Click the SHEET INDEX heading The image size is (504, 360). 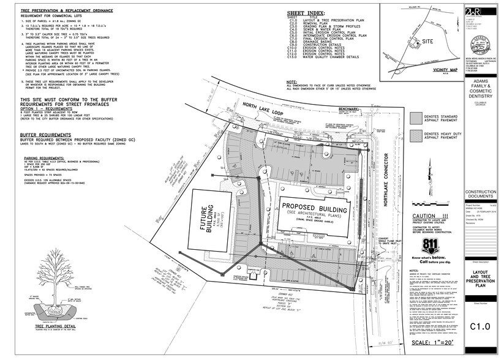click(307, 12)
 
